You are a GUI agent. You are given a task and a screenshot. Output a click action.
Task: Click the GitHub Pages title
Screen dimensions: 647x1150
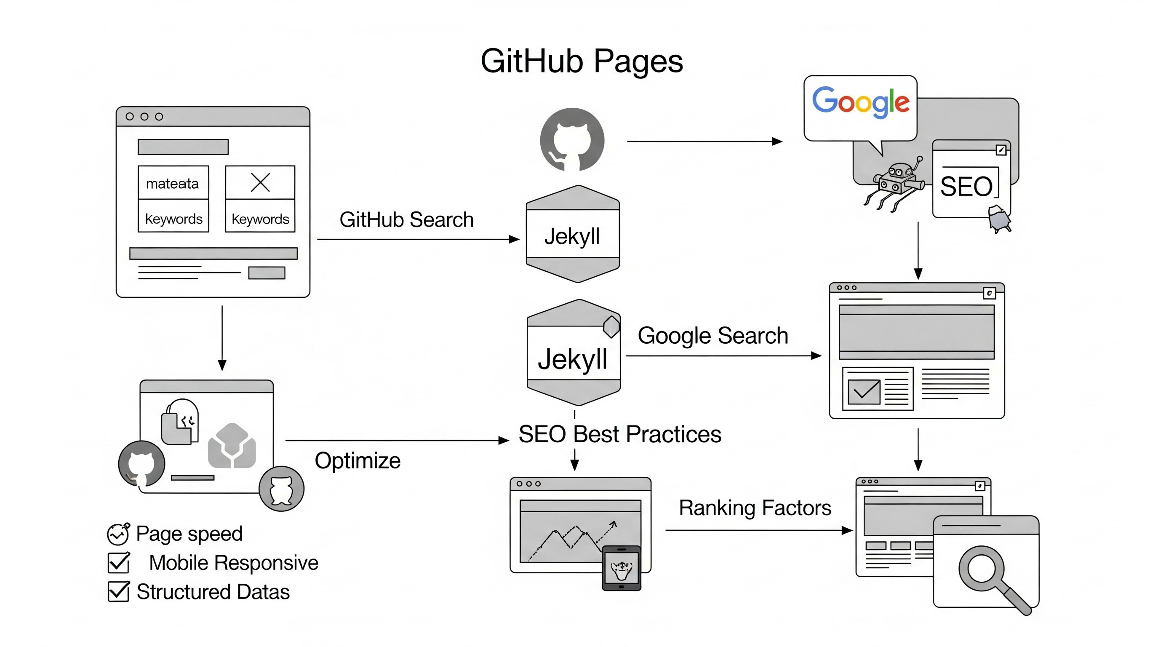(581, 61)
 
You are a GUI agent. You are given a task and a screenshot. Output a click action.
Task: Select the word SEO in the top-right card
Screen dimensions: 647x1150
(966, 186)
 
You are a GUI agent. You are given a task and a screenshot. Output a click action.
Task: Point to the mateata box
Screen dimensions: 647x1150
(173, 183)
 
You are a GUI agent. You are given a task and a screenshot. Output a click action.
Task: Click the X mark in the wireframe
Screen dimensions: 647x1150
(260, 182)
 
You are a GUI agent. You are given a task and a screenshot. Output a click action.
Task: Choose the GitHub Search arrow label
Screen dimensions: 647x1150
(406, 220)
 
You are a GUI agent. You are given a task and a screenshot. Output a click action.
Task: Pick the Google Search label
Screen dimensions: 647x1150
(712, 335)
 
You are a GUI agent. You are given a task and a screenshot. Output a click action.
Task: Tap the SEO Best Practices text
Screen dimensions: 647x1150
(620, 434)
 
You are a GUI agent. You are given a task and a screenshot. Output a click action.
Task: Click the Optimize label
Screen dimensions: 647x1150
(358, 460)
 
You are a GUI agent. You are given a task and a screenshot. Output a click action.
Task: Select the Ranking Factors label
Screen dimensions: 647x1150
(755, 508)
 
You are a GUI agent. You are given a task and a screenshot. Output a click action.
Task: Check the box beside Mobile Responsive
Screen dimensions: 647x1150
(119, 563)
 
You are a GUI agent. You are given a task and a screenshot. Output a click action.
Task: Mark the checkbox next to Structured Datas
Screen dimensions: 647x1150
(119, 592)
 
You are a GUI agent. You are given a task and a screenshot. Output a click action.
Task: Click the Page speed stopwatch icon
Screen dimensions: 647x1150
(118, 534)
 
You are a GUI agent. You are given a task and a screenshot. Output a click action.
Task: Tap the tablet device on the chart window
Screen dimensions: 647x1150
(622, 568)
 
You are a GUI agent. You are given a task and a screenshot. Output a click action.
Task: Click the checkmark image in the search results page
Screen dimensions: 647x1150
(864, 392)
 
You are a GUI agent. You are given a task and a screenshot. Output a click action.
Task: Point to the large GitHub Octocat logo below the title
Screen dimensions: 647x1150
(572, 139)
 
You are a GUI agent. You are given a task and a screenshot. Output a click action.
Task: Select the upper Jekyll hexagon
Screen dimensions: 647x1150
(573, 235)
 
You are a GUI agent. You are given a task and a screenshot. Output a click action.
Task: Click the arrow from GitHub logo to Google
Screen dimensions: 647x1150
(704, 142)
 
